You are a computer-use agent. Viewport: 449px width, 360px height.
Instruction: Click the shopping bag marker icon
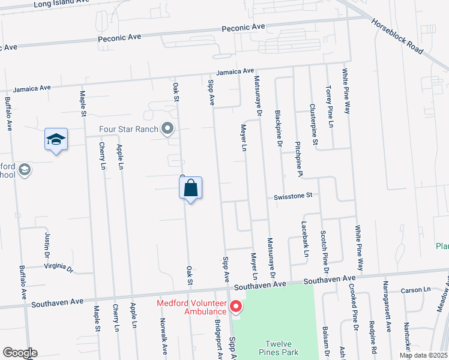[x=190, y=188]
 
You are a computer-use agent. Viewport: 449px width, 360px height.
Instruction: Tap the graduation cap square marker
[x=56, y=140]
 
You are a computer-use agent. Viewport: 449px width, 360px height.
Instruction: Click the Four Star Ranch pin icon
[x=167, y=128]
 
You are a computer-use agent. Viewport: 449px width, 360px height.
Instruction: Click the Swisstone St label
[x=294, y=196]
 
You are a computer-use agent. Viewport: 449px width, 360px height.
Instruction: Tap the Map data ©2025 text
[x=423, y=355]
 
